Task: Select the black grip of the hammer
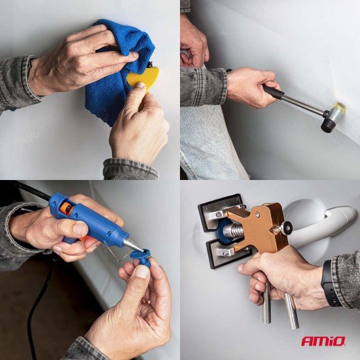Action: [x=274, y=92]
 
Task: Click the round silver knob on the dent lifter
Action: [x=287, y=228]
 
